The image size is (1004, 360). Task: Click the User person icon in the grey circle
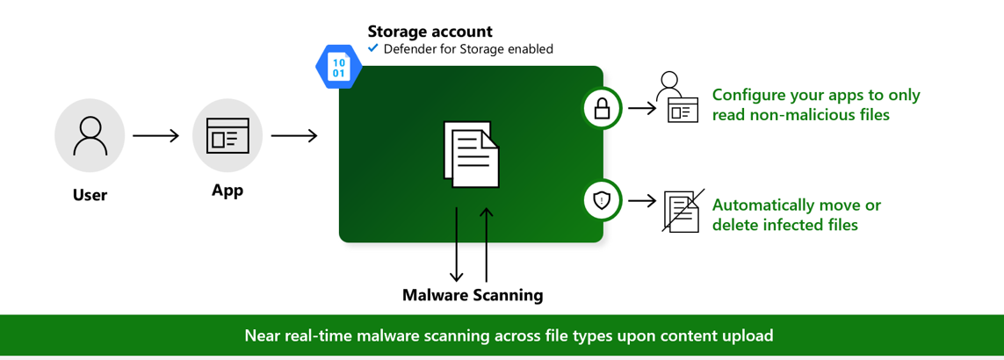(90, 135)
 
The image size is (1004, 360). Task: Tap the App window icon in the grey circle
(228, 135)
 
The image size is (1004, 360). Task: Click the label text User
(90, 195)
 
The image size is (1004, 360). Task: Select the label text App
(228, 190)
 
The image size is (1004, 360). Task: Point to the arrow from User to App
(155, 136)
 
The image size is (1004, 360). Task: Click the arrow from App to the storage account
(294, 136)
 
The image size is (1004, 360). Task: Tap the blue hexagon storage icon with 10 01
(338, 68)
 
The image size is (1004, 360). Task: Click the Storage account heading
(430, 32)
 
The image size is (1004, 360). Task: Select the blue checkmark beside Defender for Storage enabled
(373, 48)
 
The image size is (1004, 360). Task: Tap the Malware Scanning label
(473, 295)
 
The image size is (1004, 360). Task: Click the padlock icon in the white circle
(602, 108)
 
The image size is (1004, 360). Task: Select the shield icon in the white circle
(602, 200)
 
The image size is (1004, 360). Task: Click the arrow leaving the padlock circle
(642, 108)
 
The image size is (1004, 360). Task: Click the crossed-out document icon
(682, 211)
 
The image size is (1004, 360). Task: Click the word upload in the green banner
(748, 335)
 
